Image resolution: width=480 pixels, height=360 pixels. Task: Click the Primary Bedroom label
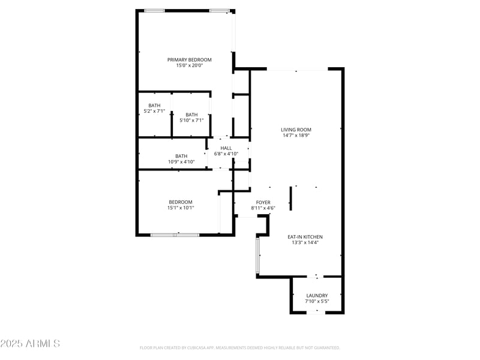189,59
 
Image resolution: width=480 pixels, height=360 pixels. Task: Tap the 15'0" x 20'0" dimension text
189,65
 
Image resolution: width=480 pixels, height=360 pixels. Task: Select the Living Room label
296,130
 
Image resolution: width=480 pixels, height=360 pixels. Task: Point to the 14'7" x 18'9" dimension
296,136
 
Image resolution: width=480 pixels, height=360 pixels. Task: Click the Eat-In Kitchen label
305,237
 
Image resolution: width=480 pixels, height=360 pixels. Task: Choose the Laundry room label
317,295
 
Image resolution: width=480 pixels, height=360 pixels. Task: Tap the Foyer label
263,202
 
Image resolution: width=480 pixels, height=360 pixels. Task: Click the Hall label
226,148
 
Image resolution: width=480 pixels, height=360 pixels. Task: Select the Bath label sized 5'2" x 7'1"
154,106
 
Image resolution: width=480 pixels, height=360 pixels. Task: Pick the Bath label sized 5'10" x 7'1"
191,115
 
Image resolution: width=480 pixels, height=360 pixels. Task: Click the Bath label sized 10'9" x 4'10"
181,156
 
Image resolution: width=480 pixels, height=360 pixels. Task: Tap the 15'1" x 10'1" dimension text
181,208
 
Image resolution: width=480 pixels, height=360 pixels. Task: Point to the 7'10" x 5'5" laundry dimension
317,301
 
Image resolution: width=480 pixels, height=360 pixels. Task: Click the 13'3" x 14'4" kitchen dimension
305,243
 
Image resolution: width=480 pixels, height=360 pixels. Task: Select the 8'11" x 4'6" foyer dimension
263,208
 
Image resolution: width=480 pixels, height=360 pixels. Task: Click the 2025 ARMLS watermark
30,344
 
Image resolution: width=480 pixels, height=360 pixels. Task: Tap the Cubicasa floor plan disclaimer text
240,347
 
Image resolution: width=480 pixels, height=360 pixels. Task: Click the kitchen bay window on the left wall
259,255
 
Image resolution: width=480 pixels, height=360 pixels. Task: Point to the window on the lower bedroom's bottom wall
175,235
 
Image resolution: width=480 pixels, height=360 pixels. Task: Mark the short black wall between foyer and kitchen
292,198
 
